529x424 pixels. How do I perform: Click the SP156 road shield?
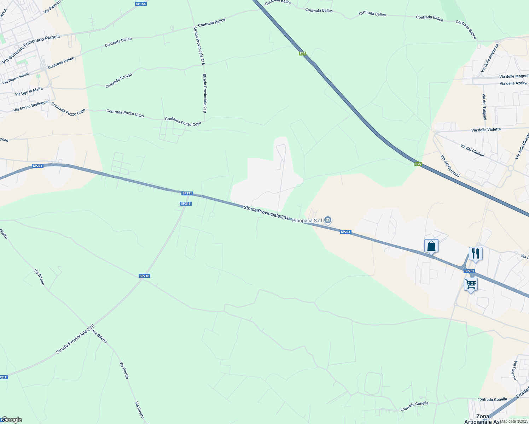pos(141,4)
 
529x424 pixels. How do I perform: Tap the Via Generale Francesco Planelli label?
pos(31,49)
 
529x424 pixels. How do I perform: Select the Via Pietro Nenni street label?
pos(16,78)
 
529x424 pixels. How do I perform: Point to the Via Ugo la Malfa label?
pos(29,92)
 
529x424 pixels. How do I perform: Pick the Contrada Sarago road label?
pos(119,81)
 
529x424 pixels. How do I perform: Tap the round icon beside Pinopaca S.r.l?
pos(328,220)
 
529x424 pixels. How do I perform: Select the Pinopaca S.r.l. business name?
pos(307,220)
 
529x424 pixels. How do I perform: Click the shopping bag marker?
pos(431,246)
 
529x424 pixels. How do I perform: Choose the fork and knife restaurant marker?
pos(476,253)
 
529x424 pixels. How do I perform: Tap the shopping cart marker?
pos(471,284)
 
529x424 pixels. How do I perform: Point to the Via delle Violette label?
pos(486,130)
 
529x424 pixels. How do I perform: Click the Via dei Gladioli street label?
pos(472,151)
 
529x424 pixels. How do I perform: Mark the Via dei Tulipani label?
pos(484,107)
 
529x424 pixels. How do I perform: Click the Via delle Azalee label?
pos(513,83)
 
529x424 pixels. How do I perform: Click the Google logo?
pos(12,420)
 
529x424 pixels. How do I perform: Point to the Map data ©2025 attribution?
pos(513,421)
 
